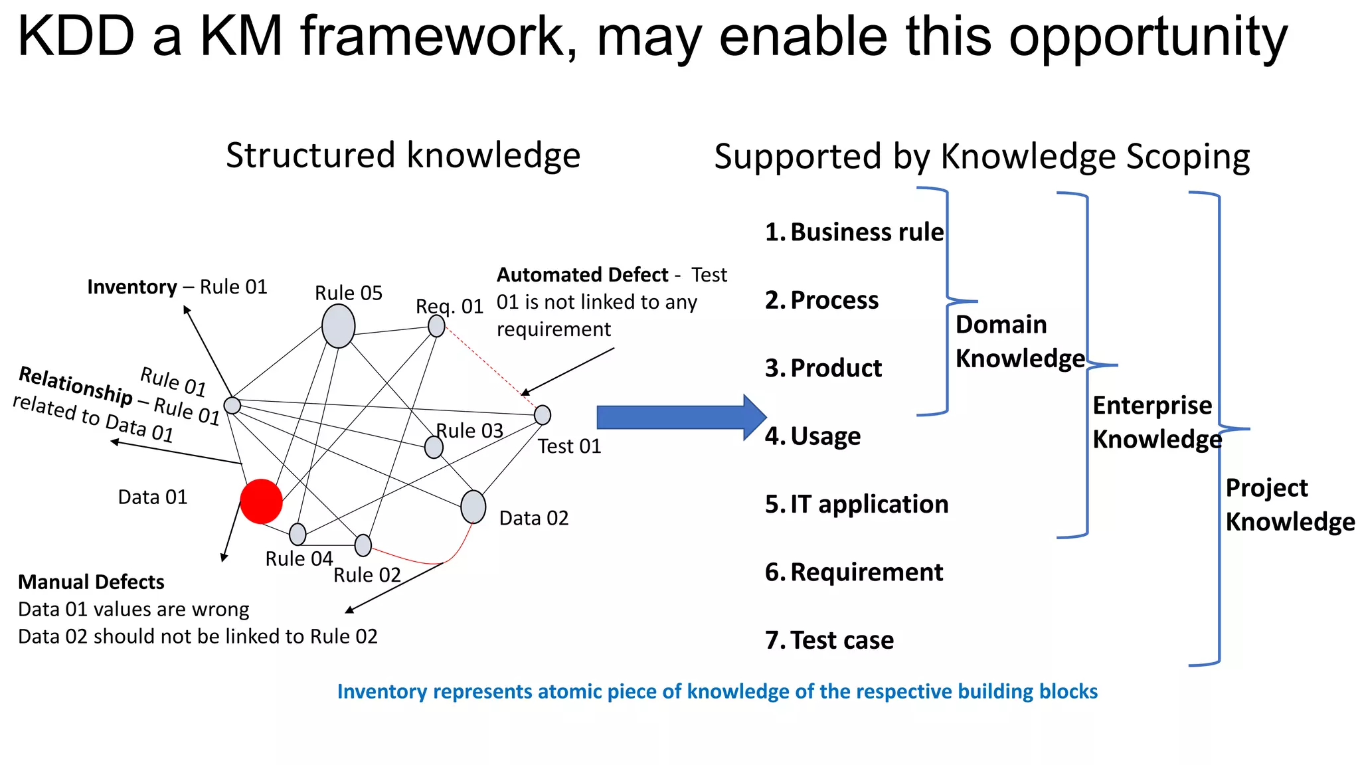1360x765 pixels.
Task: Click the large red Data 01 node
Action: (x=261, y=501)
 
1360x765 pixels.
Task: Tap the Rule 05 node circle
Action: (x=338, y=326)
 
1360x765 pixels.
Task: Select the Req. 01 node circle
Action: (x=436, y=326)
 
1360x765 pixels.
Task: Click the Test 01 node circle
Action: (x=543, y=415)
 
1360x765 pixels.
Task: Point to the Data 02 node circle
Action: (x=473, y=507)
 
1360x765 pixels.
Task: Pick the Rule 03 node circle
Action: (x=434, y=447)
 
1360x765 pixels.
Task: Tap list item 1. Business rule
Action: (x=854, y=232)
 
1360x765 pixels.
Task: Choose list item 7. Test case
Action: (x=829, y=640)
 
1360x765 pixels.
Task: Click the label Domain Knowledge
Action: (x=1019, y=341)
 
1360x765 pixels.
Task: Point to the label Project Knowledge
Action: (x=1290, y=505)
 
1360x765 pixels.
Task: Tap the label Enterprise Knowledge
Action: (x=1156, y=422)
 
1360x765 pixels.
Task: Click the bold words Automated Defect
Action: (x=582, y=274)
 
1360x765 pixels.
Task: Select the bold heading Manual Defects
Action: (x=91, y=582)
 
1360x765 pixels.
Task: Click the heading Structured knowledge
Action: (x=403, y=155)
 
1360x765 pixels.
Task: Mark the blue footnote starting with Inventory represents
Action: (x=717, y=691)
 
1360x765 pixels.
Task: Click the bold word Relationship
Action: (x=75, y=385)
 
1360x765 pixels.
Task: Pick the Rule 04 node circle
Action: (x=297, y=534)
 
